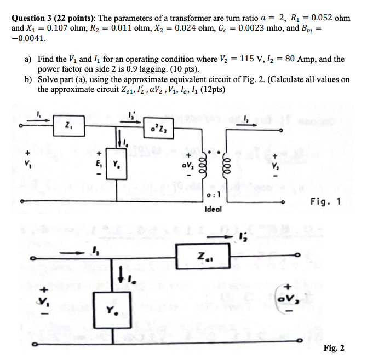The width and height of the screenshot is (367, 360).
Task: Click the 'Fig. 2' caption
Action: (x=334, y=348)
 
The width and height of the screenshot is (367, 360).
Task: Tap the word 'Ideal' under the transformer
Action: (x=213, y=208)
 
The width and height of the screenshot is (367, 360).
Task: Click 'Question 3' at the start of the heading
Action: (x=32, y=18)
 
